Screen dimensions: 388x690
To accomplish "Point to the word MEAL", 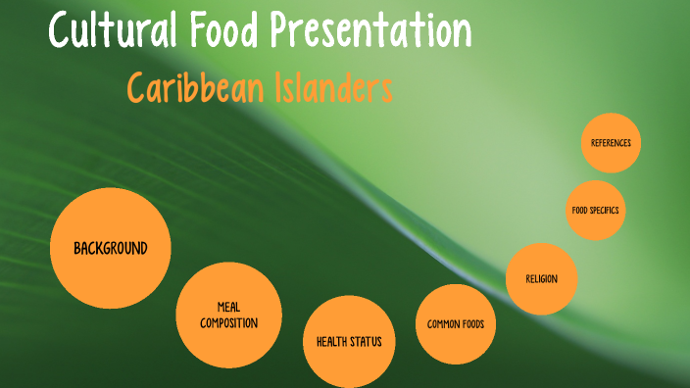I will click(x=228, y=307).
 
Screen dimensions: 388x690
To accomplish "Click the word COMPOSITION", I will click(x=228, y=322).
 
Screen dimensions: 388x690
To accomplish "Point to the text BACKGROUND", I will click(x=110, y=248).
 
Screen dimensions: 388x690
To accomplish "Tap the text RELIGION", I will click(x=541, y=279).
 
